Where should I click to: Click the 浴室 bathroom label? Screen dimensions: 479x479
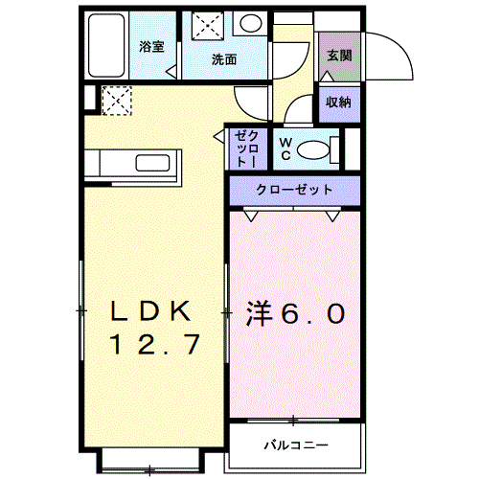tap(151, 47)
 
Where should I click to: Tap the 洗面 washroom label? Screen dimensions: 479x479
tap(223, 58)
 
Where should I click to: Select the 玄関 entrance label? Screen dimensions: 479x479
tap(338, 57)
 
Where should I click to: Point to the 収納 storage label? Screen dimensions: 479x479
tap(336, 103)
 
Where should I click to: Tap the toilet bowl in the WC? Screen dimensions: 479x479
tap(314, 149)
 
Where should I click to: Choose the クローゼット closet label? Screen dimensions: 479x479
tap(294, 190)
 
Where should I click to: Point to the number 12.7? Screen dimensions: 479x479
tap(155, 343)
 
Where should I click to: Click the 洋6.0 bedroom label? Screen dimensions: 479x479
tap(296, 312)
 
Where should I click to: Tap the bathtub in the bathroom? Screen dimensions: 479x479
tap(108, 48)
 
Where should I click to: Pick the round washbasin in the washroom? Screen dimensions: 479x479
tap(249, 25)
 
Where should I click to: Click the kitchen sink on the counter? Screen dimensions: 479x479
tap(152, 162)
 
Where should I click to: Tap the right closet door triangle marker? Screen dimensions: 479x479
tap(333, 217)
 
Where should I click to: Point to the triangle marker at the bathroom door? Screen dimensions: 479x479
tap(171, 71)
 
